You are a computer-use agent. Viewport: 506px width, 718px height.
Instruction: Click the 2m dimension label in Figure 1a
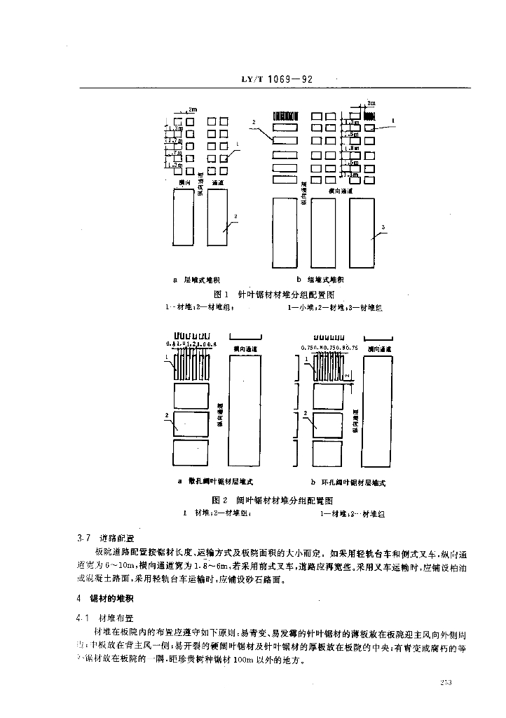coord(193,110)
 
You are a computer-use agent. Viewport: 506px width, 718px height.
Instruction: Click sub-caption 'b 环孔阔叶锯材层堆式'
coord(348,482)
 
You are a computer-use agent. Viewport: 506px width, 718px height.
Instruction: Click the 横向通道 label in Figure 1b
coord(341,191)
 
